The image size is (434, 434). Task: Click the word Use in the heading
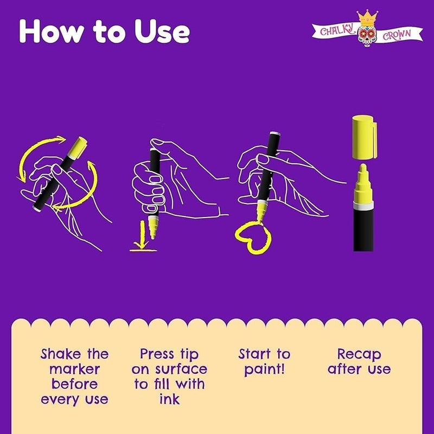[x=162, y=31]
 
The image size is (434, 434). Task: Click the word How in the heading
[x=51, y=31]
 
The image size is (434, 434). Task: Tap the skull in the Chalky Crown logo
[x=367, y=35]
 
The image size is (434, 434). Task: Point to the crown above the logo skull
[x=367, y=17]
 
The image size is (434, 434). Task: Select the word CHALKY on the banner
[x=337, y=30]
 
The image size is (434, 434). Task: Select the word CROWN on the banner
[x=397, y=35]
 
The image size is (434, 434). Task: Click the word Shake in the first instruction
[x=61, y=354]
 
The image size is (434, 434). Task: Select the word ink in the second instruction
[x=169, y=399]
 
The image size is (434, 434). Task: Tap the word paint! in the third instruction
[x=264, y=370]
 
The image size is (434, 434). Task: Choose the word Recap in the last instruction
[x=359, y=354]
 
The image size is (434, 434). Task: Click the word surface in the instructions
[x=181, y=369]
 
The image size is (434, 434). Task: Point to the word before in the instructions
[x=75, y=384]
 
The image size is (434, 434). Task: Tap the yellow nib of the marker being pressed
[x=153, y=227]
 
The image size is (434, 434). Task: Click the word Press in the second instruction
[x=157, y=354]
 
